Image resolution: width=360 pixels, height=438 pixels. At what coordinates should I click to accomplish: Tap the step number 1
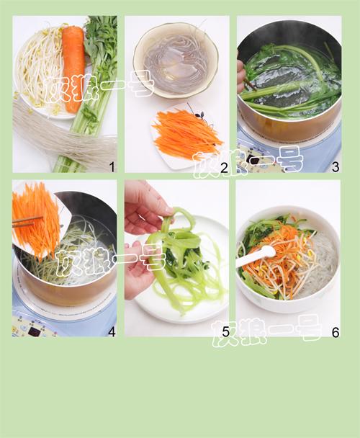pos(111,167)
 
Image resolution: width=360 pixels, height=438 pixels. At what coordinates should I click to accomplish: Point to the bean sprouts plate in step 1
pos(40,72)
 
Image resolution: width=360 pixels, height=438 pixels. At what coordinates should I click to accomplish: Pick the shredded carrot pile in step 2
pos(187,134)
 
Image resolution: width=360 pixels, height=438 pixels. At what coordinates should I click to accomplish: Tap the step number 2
pos(224,167)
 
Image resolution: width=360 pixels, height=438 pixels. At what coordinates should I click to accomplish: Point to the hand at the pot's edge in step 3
pos(240,75)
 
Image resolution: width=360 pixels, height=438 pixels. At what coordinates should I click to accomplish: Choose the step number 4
pos(111,332)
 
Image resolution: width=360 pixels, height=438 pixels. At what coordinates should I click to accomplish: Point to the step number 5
pos(224,332)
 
